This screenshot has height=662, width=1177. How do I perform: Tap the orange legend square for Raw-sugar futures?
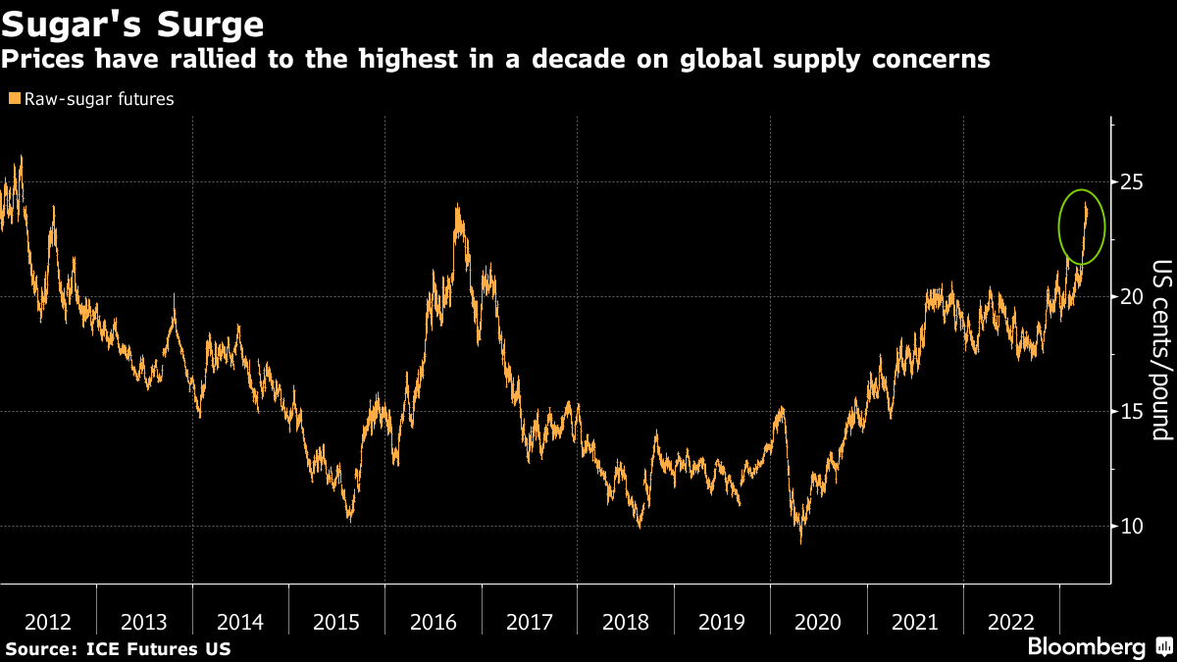click(x=13, y=99)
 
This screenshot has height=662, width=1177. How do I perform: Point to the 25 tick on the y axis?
click(x=1132, y=182)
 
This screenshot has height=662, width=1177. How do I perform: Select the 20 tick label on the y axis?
click(x=1132, y=297)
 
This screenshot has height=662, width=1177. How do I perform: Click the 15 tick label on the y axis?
click(x=1132, y=412)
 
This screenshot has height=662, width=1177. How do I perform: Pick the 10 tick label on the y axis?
click(x=1132, y=527)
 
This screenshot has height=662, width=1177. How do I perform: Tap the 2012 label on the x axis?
click(x=48, y=622)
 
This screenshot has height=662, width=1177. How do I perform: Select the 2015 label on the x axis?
click(x=337, y=622)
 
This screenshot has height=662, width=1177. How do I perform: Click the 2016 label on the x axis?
click(x=434, y=622)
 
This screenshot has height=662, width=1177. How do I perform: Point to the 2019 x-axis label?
click(x=722, y=622)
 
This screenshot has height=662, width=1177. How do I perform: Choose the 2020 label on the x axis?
click(x=818, y=622)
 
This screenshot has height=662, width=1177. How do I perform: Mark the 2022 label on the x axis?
click(x=1011, y=622)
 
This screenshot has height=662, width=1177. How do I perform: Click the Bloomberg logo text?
click(x=1086, y=647)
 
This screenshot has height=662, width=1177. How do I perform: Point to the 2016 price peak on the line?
click(x=457, y=206)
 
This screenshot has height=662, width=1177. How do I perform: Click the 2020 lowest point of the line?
click(x=800, y=541)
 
